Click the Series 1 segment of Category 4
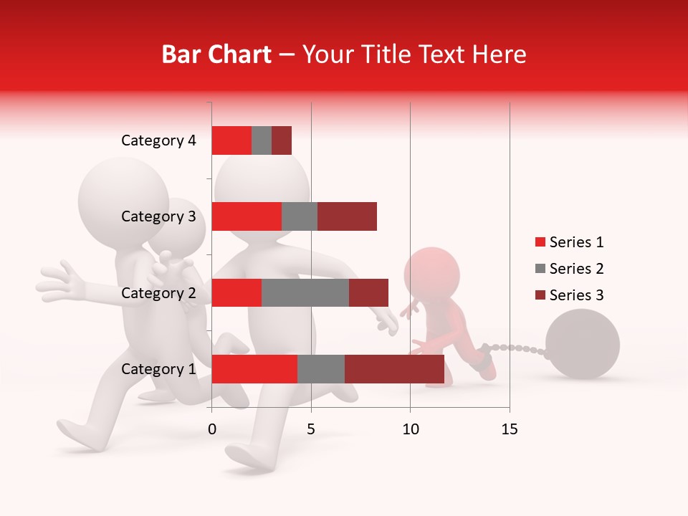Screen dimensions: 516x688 [x=231, y=140]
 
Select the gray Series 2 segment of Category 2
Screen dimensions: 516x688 [x=305, y=292]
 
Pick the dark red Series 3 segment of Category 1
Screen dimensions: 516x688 [x=394, y=369]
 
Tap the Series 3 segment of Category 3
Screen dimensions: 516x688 [x=347, y=216]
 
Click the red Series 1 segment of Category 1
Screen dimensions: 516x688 [x=254, y=369]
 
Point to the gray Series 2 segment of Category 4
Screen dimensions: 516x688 [x=262, y=140]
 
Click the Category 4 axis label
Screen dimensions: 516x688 [x=158, y=140]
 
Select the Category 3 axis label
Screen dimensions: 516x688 [x=158, y=216]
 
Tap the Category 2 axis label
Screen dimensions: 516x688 [x=158, y=293]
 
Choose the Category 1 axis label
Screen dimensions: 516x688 [x=158, y=369]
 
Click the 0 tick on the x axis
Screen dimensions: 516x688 [x=212, y=429]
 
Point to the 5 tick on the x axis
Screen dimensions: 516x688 [x=311, y=429]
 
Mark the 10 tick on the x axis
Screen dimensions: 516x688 [x=410, y=429]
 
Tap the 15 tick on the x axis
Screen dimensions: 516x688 [x=509, y=429]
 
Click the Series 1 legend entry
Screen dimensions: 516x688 [x=570, y=242]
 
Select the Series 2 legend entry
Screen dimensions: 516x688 [x=570, y=269]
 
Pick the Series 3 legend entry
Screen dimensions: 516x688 [x=570, y=295]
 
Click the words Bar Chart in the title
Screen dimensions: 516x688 [x=216, y=54]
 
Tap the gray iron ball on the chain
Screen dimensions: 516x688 [x=583, y=344]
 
